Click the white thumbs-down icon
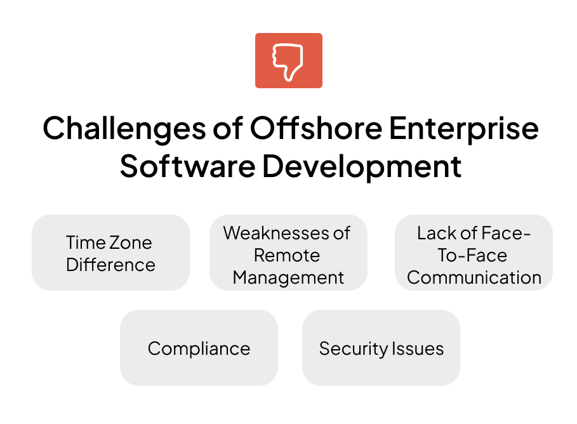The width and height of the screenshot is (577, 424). point(288,62)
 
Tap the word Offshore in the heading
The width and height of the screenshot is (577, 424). point(317,128)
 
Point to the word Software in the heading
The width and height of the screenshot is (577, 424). point(188,166)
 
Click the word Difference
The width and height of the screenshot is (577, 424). point(110,265)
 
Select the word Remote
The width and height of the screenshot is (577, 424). point(287,255)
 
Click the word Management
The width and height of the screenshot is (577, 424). point(288,278)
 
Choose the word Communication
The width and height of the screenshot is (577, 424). point(474,277)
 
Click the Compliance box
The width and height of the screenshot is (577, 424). point(199,348)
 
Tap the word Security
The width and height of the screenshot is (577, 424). point(354,349)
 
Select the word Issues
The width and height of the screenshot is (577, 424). point(418,348)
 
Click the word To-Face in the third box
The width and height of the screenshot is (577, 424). point(472,255)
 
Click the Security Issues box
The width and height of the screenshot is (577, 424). point(381,348)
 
